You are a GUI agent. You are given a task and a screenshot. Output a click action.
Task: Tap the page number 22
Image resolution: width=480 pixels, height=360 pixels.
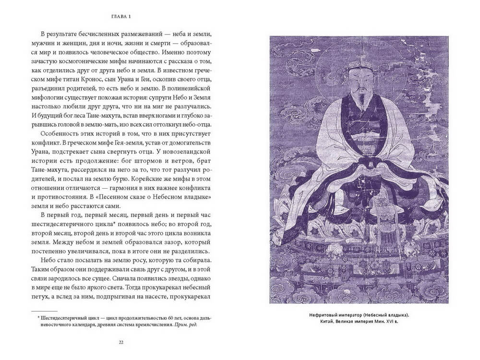(120, 342)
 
